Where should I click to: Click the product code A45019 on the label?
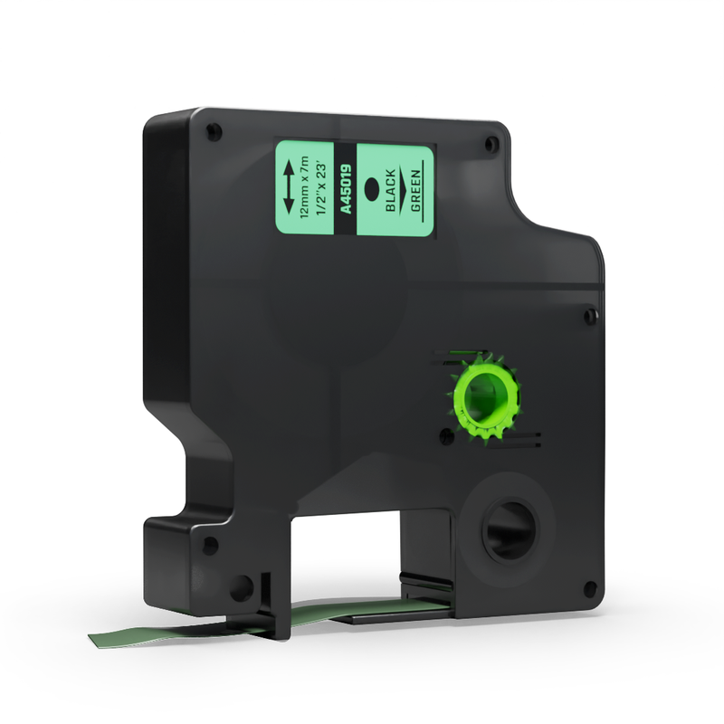[346, 189]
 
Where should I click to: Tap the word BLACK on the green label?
[391, 190]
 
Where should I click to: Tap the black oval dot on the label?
[372, 189]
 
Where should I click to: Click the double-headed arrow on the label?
[288, 186]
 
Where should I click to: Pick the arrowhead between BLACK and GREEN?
[402, 189]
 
